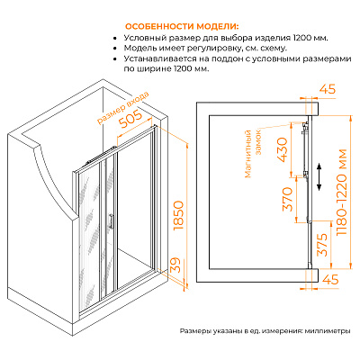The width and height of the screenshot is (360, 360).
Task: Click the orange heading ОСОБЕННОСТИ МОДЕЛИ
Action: (x=182, y=26)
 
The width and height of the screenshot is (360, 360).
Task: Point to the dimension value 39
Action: (x=177, y=265)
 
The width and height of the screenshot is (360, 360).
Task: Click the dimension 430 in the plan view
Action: (x=283, y=149)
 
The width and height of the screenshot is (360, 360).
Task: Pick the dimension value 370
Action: (x=287, y=199)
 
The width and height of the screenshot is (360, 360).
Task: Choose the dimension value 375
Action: (x=322, y=245)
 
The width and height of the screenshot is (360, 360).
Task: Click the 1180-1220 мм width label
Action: (x=342, y=193)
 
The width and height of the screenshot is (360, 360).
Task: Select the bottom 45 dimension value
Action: (x=329, y=280)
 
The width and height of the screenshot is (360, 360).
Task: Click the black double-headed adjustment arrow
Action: (x=319, y=176)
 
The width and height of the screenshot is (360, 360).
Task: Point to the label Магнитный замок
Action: (x=254, y=153)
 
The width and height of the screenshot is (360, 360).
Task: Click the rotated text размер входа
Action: (x=122, y=108)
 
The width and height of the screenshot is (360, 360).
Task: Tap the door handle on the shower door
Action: (x=112, y=220)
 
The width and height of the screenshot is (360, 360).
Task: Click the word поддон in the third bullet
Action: (x=225, y=58)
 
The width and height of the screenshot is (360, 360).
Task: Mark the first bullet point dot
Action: (x=114, y=39)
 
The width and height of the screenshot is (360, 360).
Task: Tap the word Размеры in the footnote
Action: (x=195, y=331)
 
